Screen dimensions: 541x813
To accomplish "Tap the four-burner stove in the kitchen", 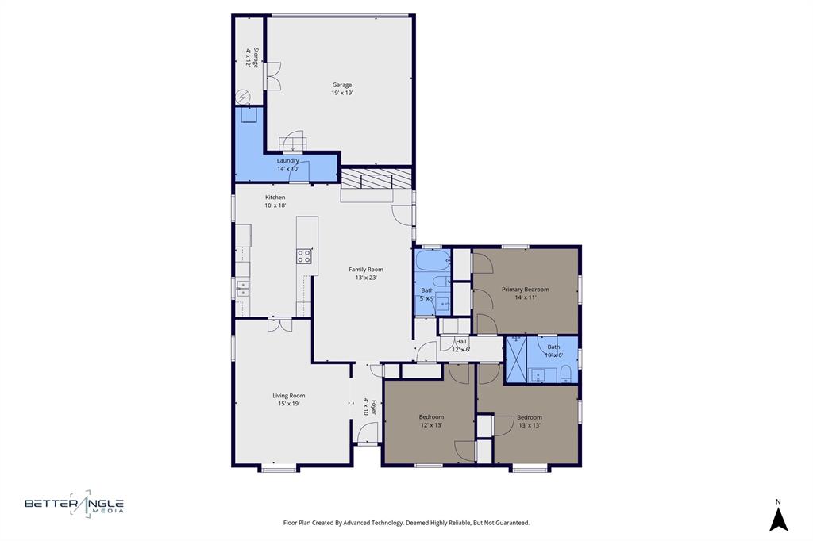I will (x=304, y=256).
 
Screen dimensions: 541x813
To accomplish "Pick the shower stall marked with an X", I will (x=516, y=360).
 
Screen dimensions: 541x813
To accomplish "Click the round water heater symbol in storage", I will (x=243, y=98).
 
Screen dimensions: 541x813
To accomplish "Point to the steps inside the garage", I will (x=292, y=143).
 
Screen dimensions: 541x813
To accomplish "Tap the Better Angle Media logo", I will (x=74, y=504).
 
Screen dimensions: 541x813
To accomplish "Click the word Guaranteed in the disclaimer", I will (x=511, y=523).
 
